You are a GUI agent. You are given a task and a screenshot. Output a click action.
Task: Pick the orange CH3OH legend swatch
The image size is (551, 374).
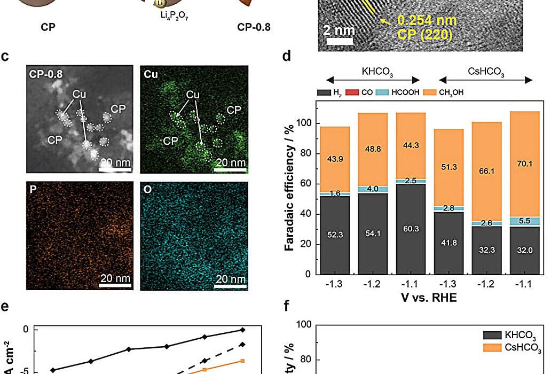(429, 93)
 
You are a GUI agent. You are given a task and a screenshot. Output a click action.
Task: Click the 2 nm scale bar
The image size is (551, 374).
(339, 41)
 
